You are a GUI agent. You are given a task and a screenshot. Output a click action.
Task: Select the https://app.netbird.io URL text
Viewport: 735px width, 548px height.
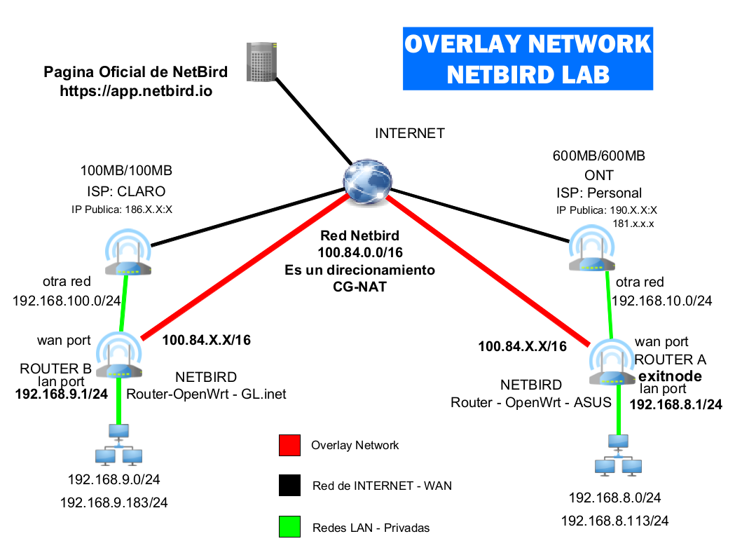(136, 90)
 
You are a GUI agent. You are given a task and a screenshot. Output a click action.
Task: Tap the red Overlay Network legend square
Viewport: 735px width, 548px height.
(289, 445)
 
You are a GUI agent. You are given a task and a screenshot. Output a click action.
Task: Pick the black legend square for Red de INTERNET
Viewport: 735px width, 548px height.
(289, 486)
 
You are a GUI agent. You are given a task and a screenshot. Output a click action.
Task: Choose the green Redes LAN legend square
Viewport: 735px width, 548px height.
(289, 527)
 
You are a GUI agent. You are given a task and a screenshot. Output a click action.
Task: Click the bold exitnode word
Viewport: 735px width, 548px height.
(670, 376)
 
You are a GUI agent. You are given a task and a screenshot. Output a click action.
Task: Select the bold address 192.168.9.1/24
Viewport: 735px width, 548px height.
(62, 394)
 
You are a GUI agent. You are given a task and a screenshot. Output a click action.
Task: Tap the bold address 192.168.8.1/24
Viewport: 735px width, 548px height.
(676, 404)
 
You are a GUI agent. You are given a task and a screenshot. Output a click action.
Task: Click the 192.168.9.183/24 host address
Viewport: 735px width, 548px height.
(114, 502)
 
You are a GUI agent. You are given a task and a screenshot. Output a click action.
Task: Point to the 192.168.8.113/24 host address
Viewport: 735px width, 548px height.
(614, 521)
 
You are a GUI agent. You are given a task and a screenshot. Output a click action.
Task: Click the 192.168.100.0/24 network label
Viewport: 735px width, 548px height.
(67, 301)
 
